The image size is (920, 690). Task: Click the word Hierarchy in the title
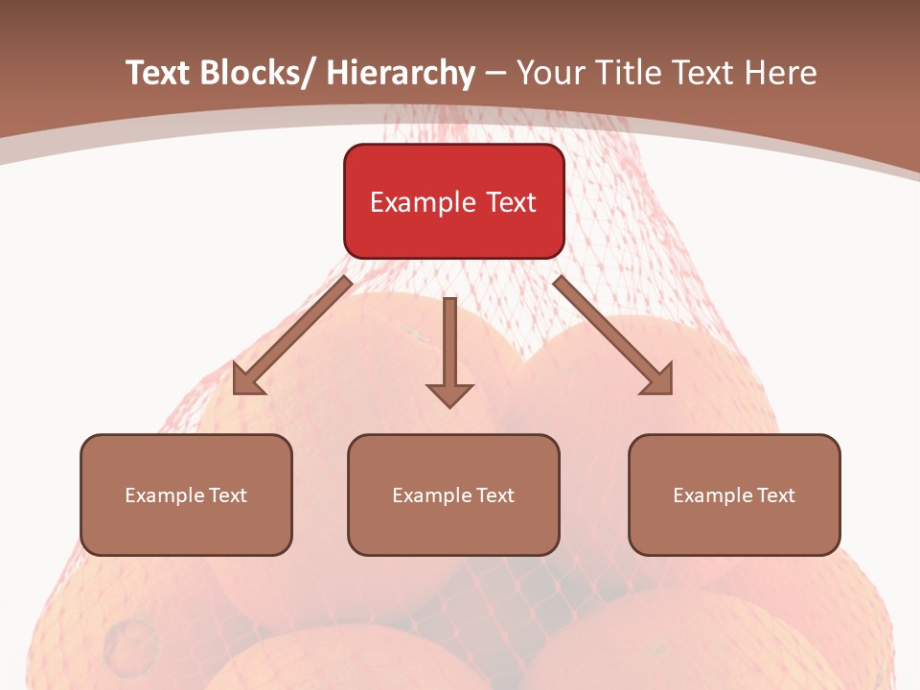coord(401,73)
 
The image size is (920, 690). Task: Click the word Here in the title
coord(783,73)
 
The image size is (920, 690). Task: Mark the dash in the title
coord(495,73)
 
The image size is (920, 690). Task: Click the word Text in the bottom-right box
coord(775,495)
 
